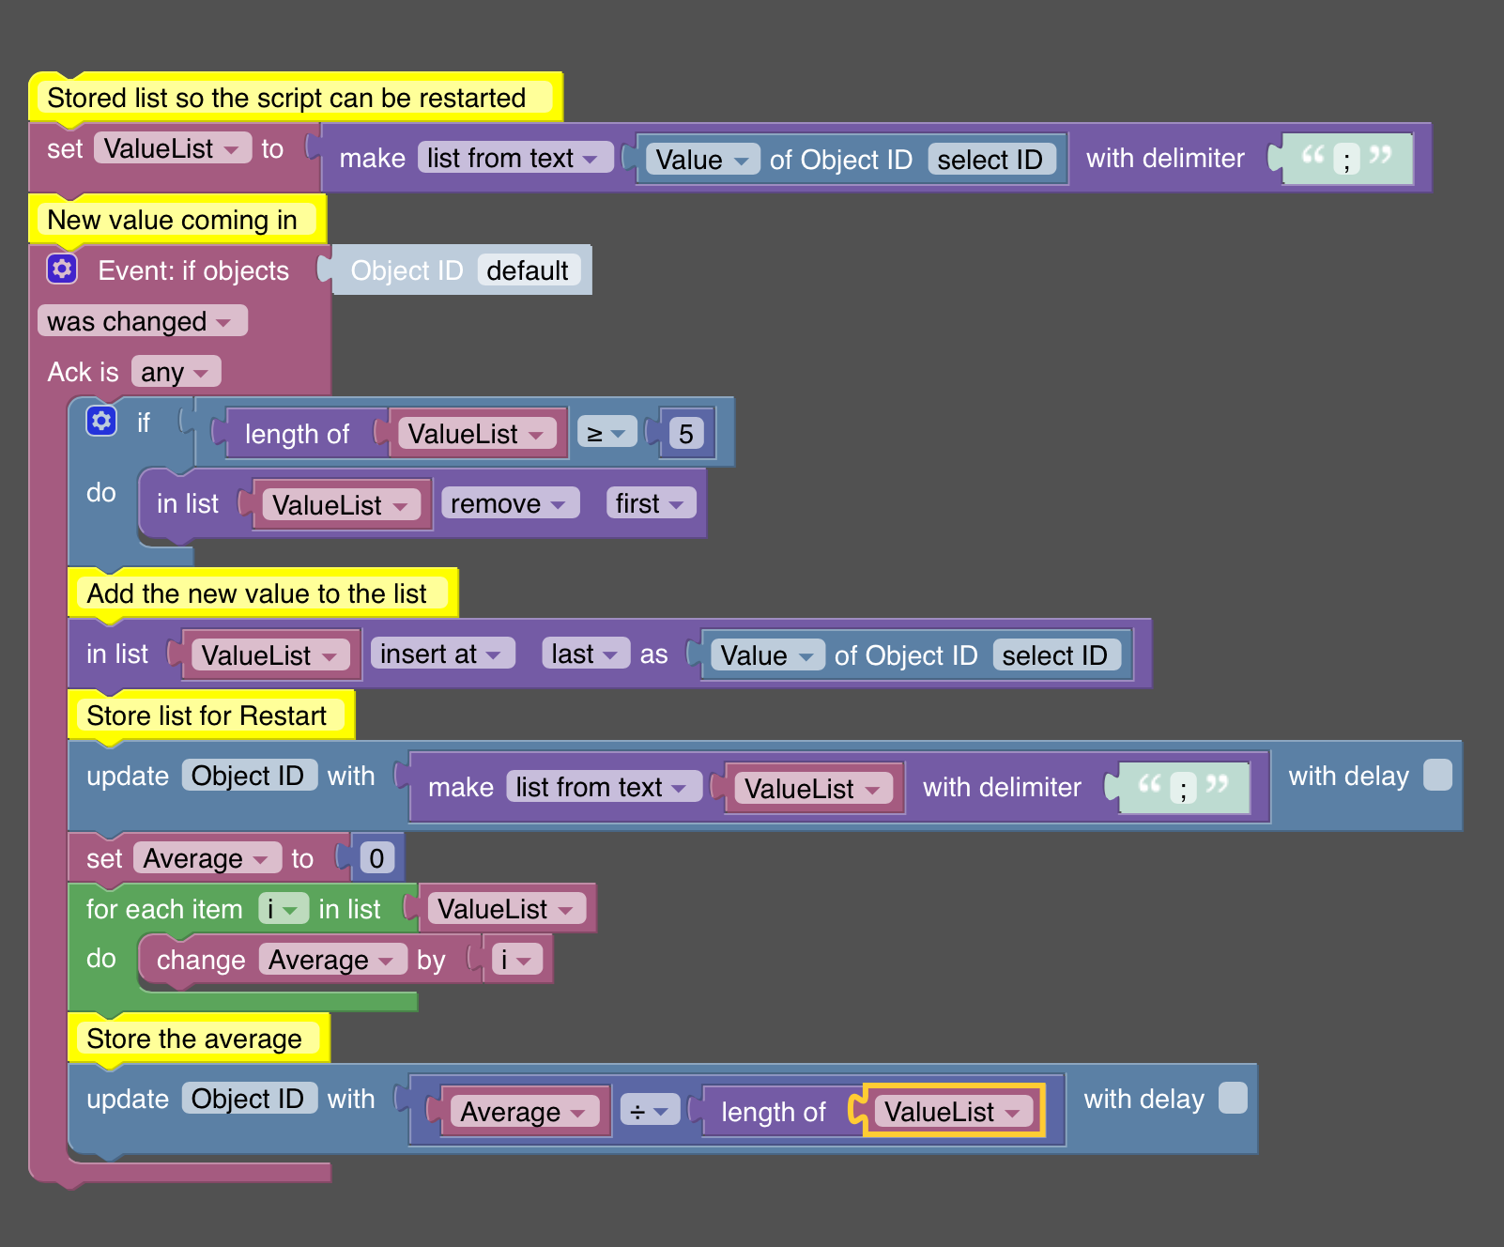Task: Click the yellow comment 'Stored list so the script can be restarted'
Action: pyautogui.click(x=295, y=97)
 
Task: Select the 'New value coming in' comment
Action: pyautogui.click(x=177, y=219)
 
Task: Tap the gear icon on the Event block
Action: pyautogui.click(x=62, y=269)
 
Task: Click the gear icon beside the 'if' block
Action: pyautogui.click(x=101, y=420)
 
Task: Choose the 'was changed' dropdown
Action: pyautogui.click(x=142, y=321)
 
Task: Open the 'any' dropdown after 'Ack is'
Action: pyautogui.click(x=176, y=372)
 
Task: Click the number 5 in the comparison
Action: pyautogui.click(x=686, y=433)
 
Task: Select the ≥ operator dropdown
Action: pyautogui.click(x=606, y=432)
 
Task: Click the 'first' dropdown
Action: pyautogui.click(x=651, y=503)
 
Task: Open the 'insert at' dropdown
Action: pyautogui.click(x=443, y=654)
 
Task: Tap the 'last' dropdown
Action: pyautogui.click(x=585, y=654)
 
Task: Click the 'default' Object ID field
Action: pyautogui.click(x=528, y=270)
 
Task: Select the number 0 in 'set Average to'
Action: pyautogui.click(x=376, y=857)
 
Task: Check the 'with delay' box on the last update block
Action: pyautogui.click(x=1234, y=1097)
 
